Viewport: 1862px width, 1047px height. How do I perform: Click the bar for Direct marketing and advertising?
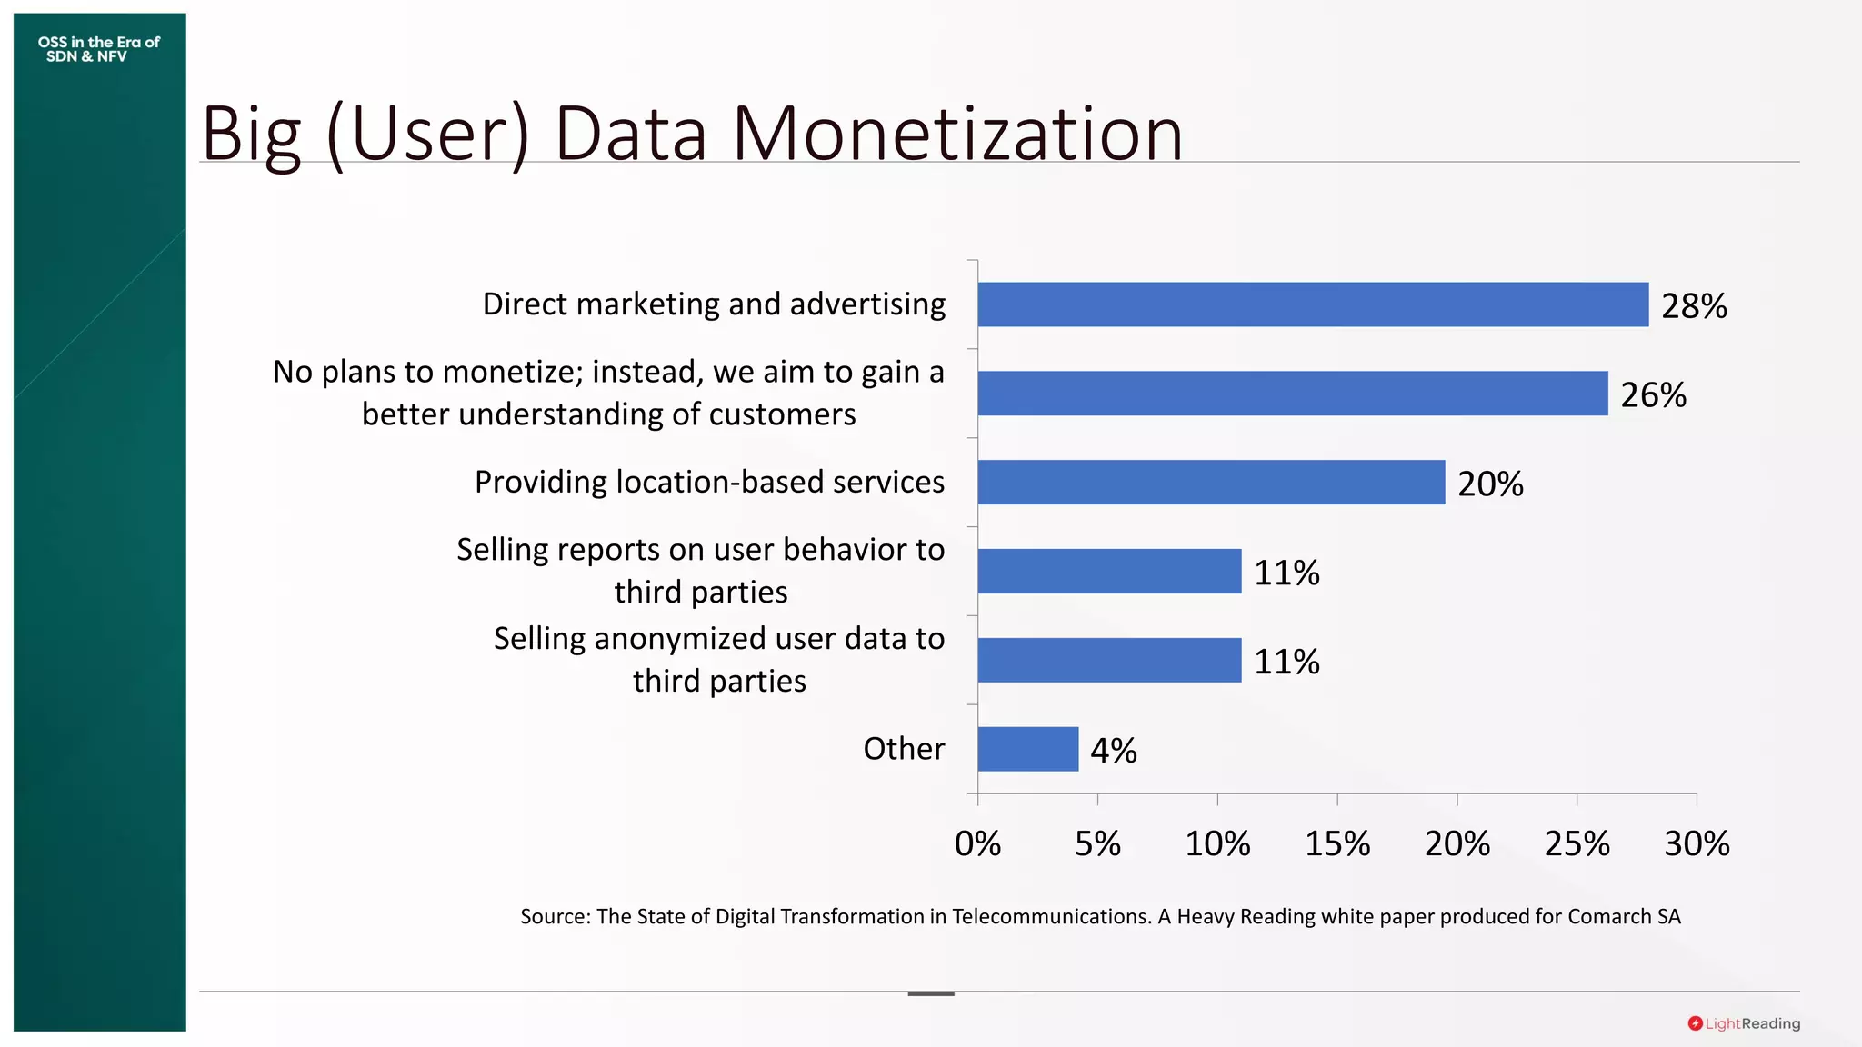(x=1313, y=304)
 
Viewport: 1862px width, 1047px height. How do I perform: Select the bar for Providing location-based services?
(x=1211, y=482)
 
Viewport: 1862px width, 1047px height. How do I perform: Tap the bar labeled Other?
(x=1028, y=749)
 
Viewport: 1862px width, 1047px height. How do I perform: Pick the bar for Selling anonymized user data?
(x=1109, y=660)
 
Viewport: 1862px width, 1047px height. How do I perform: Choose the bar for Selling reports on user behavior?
(x=1109, y=571)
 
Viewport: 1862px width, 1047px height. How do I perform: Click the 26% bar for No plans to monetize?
(x=1293, y=394)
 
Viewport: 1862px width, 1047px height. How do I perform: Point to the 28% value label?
(x=1694, y=306)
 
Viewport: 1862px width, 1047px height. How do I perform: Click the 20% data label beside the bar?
(x=1490, y=484)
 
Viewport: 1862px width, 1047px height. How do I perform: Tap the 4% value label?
(x=1114, y=751)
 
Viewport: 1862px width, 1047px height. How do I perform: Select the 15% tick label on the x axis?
(x=1337, y=844)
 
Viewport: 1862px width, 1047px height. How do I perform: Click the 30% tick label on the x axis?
(x=1697, y=844)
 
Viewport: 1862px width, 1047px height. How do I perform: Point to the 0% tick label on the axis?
(x=977, y=844)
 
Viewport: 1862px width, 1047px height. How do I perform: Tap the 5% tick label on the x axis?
(x=1097, y=844)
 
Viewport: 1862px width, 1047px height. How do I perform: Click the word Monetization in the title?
(x=957, y=134)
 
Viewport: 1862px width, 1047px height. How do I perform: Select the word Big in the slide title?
(x=251, y=135)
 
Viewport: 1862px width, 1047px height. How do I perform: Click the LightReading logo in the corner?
(x=1744, y=1023)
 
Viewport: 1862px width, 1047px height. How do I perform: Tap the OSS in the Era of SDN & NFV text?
(x=98, y=49)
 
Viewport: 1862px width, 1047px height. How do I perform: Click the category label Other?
(x=904, y=749)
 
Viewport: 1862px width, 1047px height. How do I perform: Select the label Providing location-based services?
(x=709, y=482)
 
